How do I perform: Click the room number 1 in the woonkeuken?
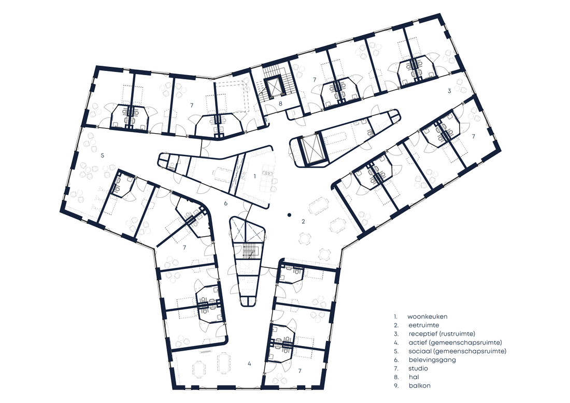255,176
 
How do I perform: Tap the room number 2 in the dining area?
303,221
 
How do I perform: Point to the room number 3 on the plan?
449,91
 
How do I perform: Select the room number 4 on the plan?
249,364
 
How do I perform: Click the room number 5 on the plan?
103,155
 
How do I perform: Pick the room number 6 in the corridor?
226,203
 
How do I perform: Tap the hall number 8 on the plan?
280,104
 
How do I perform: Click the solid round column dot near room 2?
289,215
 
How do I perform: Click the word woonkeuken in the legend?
427,316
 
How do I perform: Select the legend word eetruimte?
423,325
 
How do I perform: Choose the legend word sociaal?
419,351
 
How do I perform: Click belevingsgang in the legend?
432,360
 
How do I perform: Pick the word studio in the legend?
418,368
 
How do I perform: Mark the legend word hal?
414,377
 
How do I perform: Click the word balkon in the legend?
420,385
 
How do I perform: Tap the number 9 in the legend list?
395,385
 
